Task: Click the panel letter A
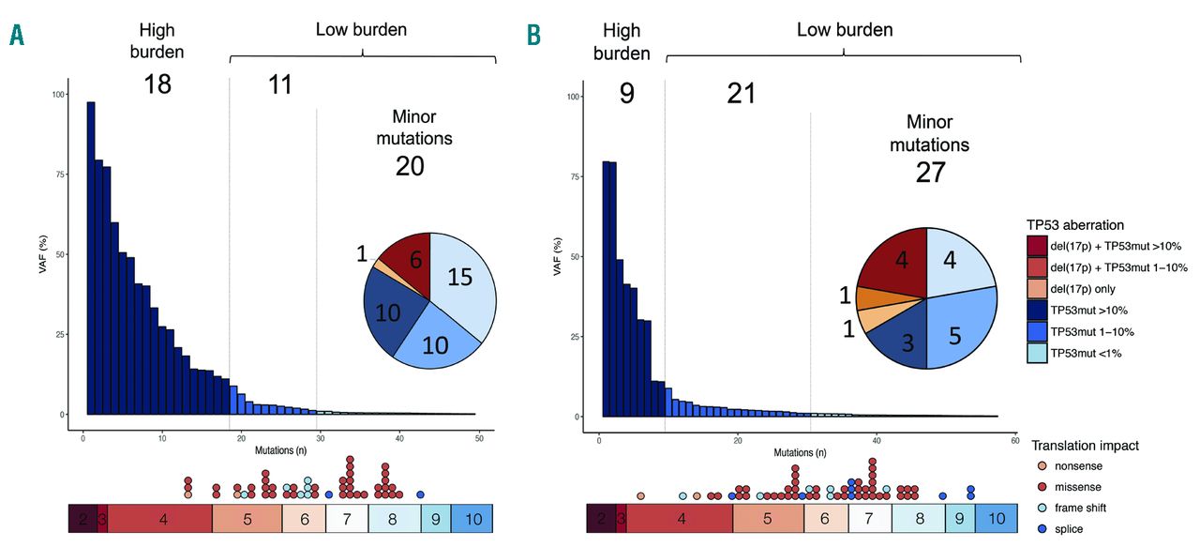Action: [x=17, y=37]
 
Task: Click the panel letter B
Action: [x=533, y=37]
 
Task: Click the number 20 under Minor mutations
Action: [x=410, y=166]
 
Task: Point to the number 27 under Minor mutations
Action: [x=929, y=173]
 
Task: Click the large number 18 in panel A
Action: [x=157, y=84]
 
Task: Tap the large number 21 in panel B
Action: [x=741, y=93]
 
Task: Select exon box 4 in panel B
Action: [x=679, y=518]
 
